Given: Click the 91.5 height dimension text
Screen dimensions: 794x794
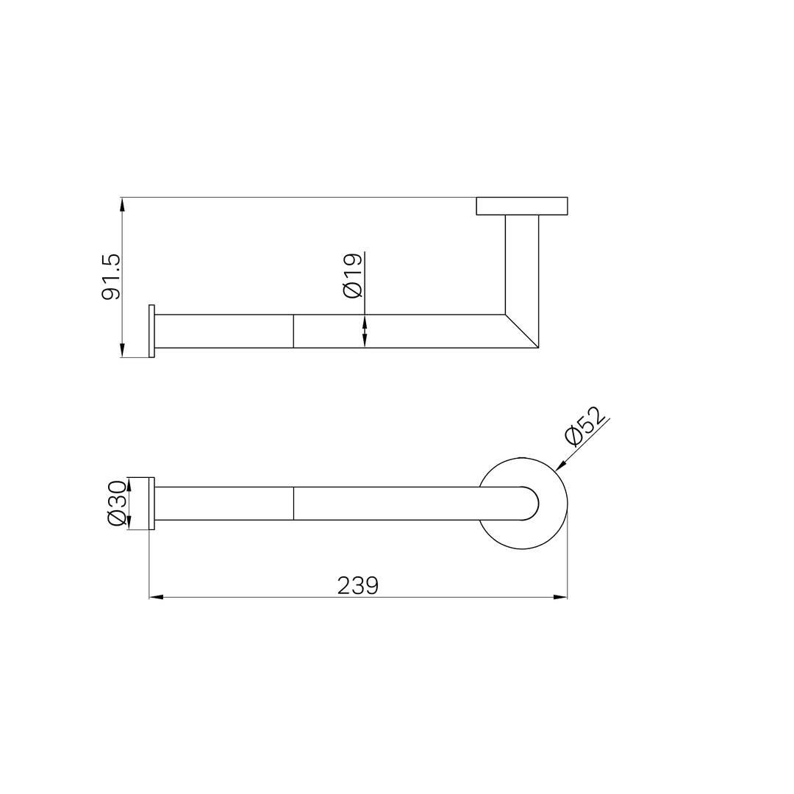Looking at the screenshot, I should coord(111,277).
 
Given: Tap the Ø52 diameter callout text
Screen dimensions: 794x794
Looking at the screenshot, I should coord(586,426).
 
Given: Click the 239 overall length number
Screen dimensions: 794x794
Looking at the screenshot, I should coord(358,586).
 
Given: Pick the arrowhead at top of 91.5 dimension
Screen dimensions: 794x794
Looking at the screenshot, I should coord(122,204).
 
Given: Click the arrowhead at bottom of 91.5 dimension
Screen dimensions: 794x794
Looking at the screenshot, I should coord(122,351).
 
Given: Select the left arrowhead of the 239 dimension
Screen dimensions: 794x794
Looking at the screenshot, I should coord(156,597).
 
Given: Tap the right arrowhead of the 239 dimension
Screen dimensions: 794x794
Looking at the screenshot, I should coord(560,597).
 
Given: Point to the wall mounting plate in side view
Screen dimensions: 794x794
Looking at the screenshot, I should coord(522,206).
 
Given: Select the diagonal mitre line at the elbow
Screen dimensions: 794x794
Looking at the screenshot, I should coord(522,331).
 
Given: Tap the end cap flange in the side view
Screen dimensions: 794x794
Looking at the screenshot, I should coord(152,331).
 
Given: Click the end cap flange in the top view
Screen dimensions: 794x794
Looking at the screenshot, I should coord(152,503).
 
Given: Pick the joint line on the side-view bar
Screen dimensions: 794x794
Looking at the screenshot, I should coord(293,331).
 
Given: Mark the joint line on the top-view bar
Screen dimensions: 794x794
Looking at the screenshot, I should coord(293,503).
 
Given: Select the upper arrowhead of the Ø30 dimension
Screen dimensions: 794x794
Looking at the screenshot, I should coord(129,483).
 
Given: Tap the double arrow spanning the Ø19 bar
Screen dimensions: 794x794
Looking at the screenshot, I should coord(365,331).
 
